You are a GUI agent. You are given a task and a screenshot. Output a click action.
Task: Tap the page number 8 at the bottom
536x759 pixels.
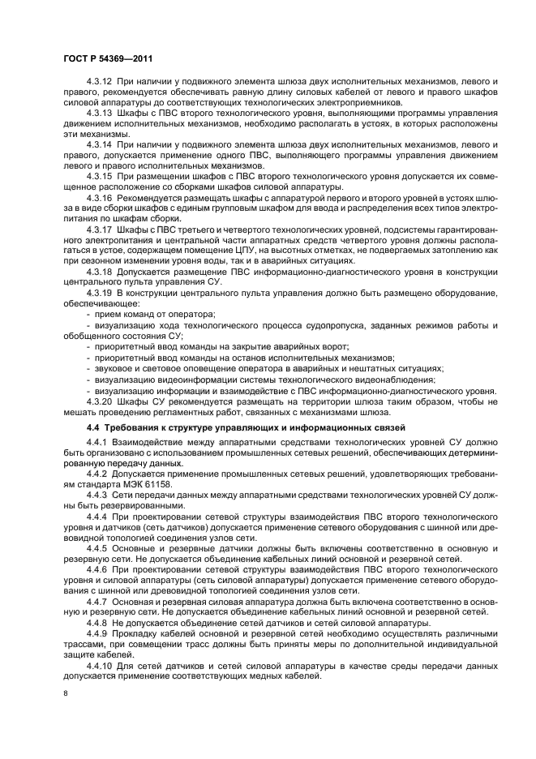[x=64, y=693]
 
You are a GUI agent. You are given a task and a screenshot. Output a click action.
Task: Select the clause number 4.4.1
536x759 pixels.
[x=97, y=442]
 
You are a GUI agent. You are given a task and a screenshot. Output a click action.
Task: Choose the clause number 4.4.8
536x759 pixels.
[x=97, y=621]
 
